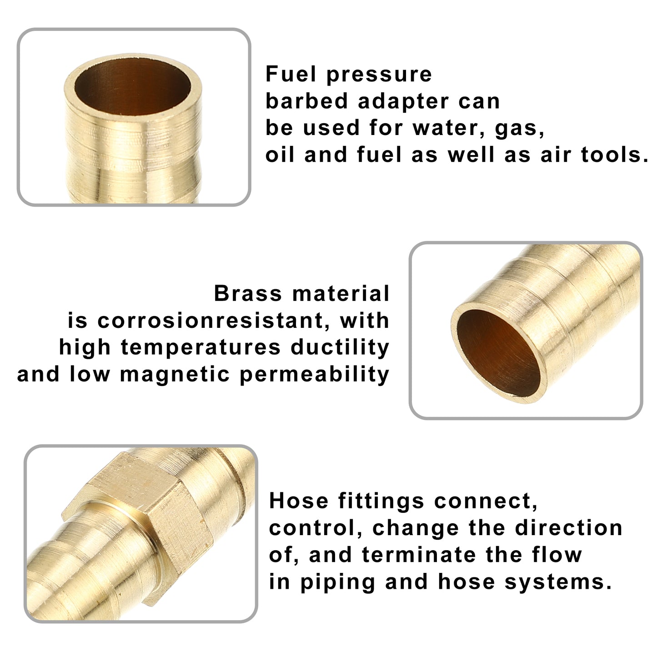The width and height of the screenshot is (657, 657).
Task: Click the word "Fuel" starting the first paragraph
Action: pyautogui.click(x=291, y=74)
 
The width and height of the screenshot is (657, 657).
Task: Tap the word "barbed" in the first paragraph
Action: pyautogui.click(x=306, y=101)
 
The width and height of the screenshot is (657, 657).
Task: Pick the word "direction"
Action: pyautogui.click(x=569, y=527)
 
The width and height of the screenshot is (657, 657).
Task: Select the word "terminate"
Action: pyautogui.click(x=419, y=554)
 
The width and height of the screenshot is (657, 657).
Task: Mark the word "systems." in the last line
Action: pyautogui.click(x=558, y=582)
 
